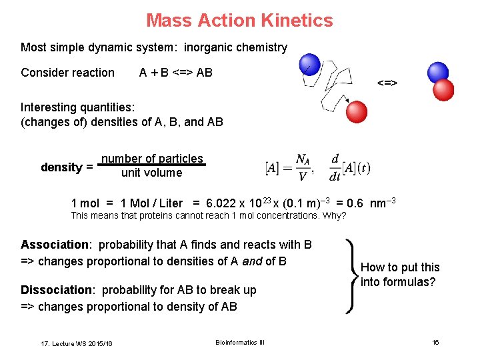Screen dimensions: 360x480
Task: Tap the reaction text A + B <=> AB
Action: (x=176, y=73)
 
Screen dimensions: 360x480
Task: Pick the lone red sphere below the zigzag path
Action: (x=357, y=111)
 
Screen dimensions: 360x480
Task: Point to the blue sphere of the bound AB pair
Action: (x=438, y=72)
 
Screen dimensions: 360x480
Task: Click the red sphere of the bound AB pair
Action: (x=443, y=90)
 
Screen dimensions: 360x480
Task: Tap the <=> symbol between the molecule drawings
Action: (x=387, y=83)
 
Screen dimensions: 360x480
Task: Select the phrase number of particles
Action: (x=152, y=159)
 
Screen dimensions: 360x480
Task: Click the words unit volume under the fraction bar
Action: (x=151, y=173)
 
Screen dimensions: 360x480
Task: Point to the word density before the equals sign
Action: (x=61, y=167)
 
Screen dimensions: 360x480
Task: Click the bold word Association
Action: (x=55, y=245)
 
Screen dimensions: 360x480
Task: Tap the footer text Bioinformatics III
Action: (x=240, y=343)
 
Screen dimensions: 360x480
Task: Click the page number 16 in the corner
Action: (x=435, y=343)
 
